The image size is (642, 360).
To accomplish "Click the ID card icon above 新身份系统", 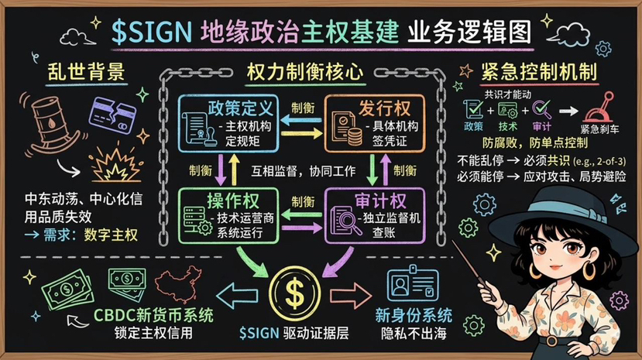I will point(413,284).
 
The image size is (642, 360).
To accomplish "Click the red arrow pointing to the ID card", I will point(355,294).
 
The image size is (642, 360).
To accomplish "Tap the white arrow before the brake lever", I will point(566,111).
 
